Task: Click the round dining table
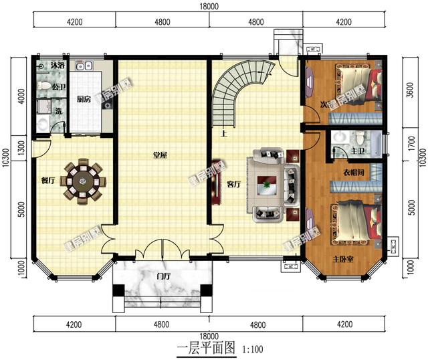(84, 179)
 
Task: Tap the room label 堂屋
(159, 155)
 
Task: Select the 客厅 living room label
(233, 185)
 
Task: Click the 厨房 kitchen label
(84, 99)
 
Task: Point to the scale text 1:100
(252, 349)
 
